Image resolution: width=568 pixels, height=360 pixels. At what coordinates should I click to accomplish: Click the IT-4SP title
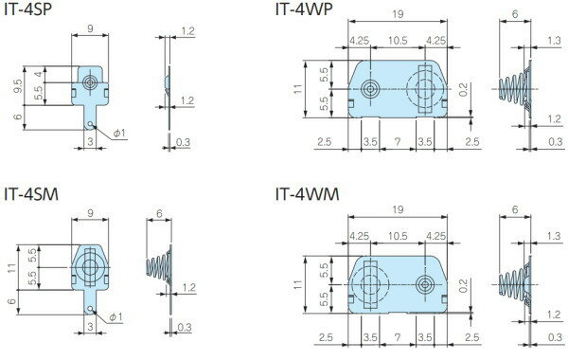point(27,9)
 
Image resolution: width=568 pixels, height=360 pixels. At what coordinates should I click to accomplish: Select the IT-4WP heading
point(304,9)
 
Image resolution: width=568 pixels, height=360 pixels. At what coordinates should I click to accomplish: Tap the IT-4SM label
point(31,194)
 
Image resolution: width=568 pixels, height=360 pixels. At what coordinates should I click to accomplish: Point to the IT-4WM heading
point(307,194)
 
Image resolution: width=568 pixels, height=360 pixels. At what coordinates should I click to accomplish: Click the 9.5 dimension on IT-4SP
point(18,86)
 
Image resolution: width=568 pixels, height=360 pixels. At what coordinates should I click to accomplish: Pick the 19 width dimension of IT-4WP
point(398,14)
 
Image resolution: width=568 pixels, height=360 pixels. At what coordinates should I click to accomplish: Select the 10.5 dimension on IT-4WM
point(398,236)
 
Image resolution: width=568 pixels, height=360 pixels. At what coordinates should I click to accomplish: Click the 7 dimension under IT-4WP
point(398,142)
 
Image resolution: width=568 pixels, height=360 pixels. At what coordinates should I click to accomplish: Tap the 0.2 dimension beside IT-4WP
point(463,90)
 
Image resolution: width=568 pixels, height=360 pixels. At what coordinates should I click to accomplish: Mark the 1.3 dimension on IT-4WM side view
point(554,236)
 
